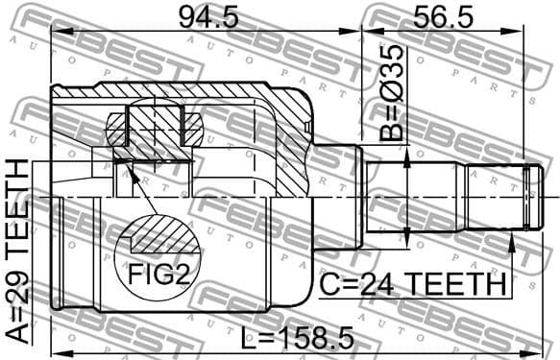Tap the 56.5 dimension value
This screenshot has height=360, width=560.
[x=443, y=16]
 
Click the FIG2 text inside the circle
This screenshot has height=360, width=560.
[x=158, y=276]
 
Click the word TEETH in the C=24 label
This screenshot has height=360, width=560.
[x=460, y=284]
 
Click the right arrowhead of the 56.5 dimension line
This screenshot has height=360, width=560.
[x=521, y=34]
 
